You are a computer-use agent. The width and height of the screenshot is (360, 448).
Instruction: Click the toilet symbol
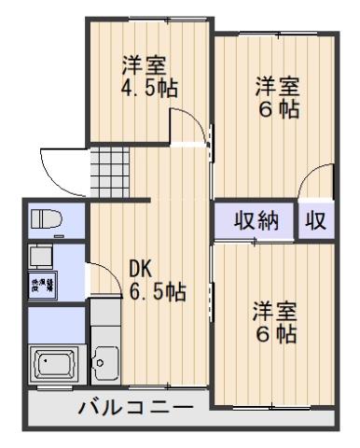45,220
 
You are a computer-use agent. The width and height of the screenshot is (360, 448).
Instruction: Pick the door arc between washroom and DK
95,276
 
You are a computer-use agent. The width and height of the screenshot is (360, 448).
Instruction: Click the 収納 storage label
256,221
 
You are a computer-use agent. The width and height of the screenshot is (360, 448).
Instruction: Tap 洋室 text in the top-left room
145,65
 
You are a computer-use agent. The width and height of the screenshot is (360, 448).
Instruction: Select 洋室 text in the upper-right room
278,86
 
